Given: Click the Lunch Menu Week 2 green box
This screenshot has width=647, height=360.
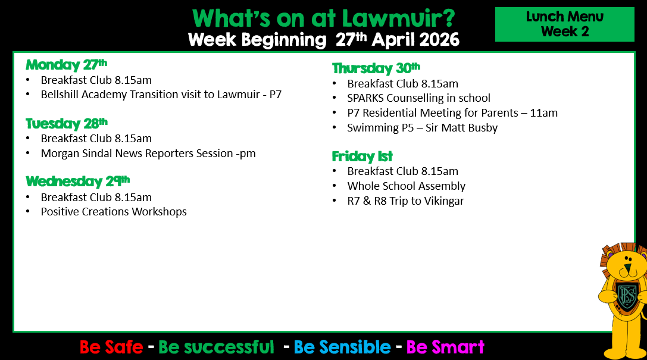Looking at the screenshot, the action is click(564, 24).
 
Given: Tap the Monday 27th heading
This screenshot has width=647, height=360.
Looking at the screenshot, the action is click(67, 65).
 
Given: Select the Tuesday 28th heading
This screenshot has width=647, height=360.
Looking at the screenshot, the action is click(67, 123).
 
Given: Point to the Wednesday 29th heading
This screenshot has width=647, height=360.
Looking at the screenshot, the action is click(77, 181).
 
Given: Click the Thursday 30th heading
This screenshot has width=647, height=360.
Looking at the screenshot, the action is click(376, 68).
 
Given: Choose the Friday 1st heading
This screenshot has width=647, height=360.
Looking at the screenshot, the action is click(362, 156).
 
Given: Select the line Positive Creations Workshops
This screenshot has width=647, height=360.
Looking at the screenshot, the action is click(114, 212).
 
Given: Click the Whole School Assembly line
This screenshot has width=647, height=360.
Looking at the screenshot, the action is click(406, 186).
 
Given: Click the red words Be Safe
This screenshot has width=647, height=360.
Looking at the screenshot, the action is click(111, 348).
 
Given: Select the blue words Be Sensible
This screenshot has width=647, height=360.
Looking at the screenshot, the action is click(342, 348).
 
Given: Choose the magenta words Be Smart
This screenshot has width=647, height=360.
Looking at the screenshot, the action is click(445, 348).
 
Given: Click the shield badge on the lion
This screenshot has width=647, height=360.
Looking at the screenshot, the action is click(627, 296).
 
